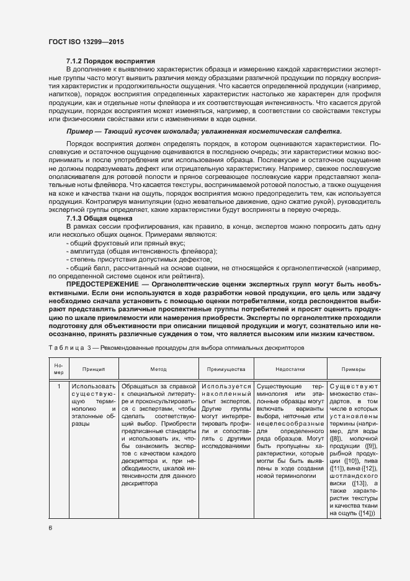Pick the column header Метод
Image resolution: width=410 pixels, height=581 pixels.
[x=158, y=368]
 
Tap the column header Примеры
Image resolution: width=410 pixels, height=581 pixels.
[x=354, y=368]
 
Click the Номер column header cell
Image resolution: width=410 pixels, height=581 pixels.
[x=59, y=368]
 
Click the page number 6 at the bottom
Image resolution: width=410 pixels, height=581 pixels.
[x=51, y=527]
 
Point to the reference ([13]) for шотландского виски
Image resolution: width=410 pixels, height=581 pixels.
[x=360, y=482]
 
